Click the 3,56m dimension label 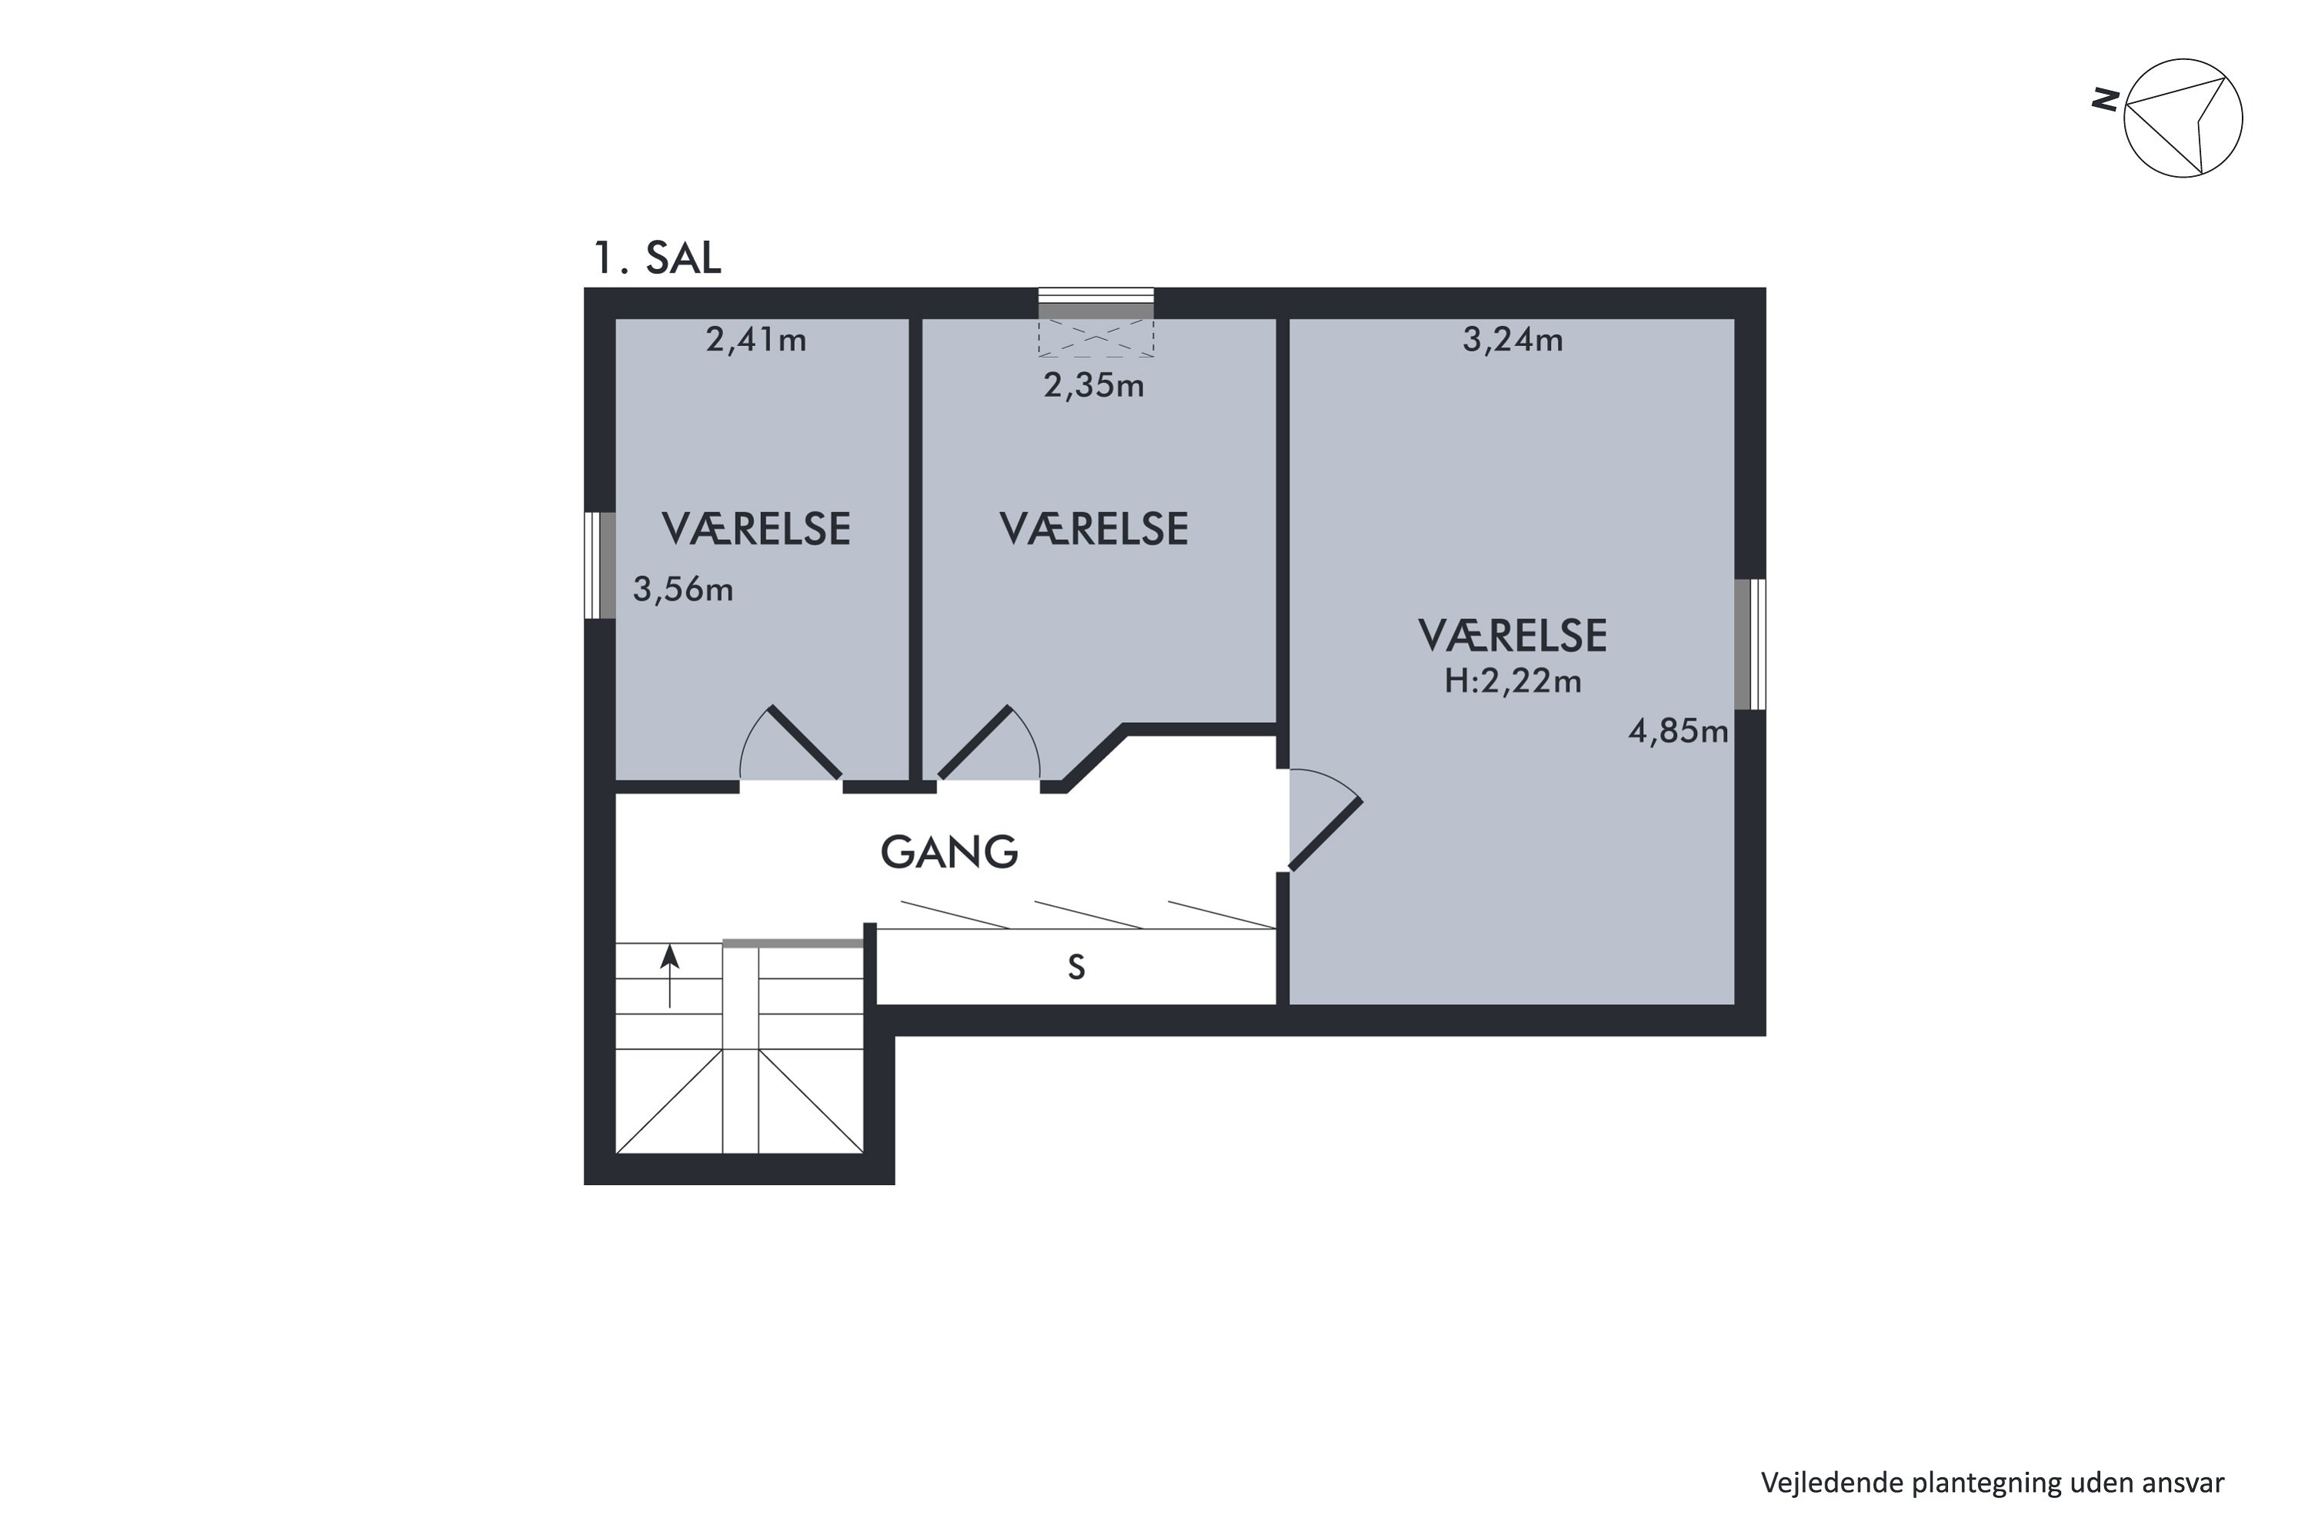click(683, 590)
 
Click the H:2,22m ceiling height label click(1513, 681)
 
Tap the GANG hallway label click(949, 852)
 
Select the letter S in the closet click(1076, 968)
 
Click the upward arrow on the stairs click(669, 976)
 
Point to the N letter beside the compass click(2105, 99)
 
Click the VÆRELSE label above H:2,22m click(1513, 637)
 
